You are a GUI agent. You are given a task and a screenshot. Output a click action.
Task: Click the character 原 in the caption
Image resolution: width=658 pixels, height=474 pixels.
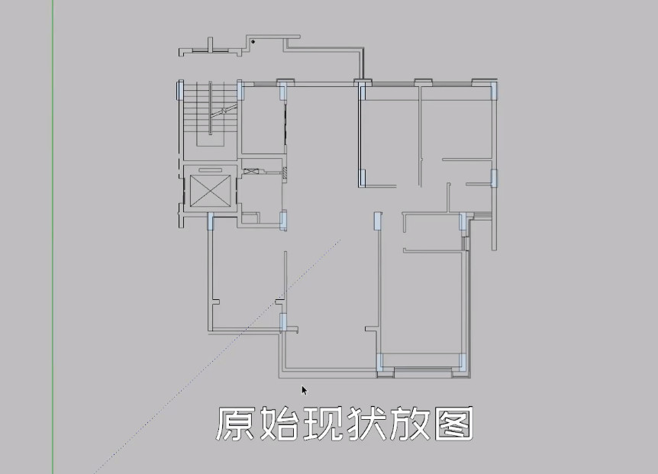coord(236,424)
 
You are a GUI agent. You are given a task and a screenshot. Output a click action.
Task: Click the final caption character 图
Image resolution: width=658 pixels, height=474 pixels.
coord(454,424)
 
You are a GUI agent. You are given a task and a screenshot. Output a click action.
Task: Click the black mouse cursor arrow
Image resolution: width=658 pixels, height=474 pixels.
coord(304,390)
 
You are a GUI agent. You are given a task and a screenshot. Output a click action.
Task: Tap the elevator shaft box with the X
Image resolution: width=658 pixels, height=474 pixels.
coord(208,191)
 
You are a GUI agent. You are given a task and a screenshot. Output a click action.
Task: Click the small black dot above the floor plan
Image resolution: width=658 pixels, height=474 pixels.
coord(253,41)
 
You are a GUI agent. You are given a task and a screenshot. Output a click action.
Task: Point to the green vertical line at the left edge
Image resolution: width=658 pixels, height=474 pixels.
coord(53,229)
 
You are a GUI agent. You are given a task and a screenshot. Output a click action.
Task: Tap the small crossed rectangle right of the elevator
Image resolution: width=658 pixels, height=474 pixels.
coord(251,169)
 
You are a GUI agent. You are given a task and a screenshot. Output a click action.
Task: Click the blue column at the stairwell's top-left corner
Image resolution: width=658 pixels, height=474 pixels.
coord(181,91)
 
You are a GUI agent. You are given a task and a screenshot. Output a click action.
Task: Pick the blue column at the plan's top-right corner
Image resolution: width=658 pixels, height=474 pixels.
coord(493,92)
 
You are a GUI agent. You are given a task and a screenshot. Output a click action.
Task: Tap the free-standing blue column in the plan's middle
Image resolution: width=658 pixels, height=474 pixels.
coord(377,221)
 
